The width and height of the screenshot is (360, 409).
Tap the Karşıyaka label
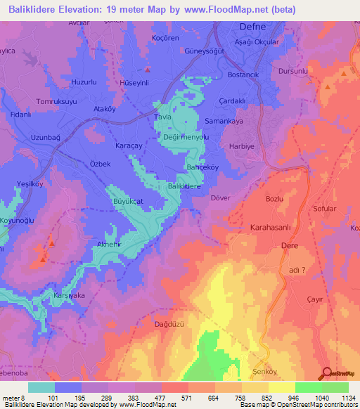tap(69, 296)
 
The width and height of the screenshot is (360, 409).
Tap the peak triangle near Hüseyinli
tap(147, 69)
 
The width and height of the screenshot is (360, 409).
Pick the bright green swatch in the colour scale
tap(309, 387)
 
